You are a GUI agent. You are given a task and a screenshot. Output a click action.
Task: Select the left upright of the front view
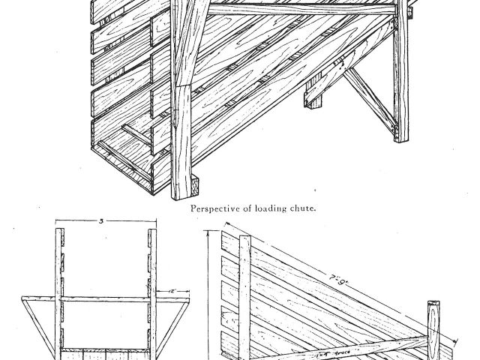tap(59, 292)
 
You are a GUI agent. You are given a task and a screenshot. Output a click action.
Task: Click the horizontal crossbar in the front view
tap(105, 299)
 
